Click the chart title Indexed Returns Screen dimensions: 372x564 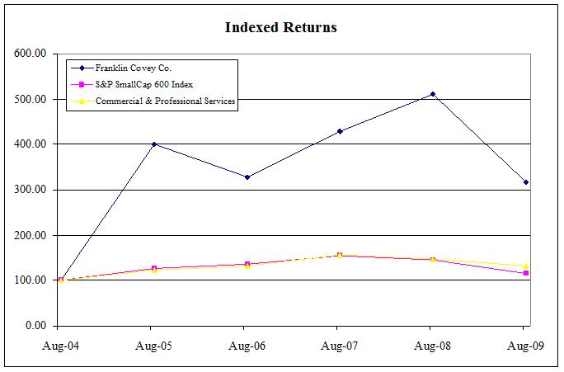280,27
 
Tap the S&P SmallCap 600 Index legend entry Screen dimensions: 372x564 140,85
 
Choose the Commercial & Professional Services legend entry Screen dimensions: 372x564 165,101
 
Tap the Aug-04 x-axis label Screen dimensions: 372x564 60,345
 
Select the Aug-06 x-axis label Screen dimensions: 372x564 246,345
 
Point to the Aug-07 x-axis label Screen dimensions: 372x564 339,345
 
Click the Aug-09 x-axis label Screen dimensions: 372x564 524,345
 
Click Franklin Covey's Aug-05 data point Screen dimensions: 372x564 154,144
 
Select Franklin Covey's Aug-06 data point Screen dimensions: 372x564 247,177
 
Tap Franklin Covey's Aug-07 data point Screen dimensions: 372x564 340,131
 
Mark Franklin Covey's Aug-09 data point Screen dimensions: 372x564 525,182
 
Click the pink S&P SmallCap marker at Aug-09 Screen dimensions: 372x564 525,273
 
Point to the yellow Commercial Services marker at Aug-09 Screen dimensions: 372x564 525,266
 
